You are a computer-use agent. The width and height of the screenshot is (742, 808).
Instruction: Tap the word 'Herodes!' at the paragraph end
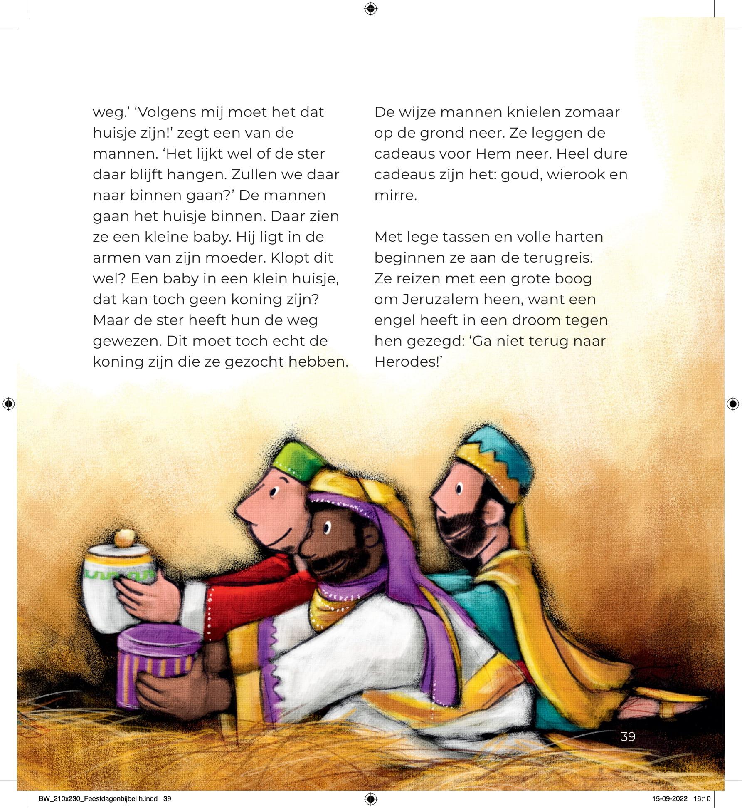(407, 362)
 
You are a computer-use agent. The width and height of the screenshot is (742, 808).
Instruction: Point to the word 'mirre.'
(395, 196)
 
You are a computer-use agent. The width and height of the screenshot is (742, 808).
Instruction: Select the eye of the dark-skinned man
(326, 528)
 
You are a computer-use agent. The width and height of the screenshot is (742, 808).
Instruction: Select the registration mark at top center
(370, 9)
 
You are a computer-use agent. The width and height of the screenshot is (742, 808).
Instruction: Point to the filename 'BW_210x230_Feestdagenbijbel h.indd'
(98, 798)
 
